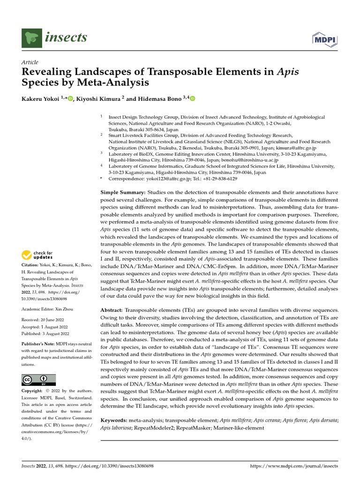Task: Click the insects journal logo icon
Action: tap(32, 37)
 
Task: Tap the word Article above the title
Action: tap(30, 62)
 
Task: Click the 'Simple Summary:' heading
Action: tap(123, 192)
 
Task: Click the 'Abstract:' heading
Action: tap(113, 311)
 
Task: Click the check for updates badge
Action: tap(37, 255)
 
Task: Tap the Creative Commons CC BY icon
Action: tap(38, 380)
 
